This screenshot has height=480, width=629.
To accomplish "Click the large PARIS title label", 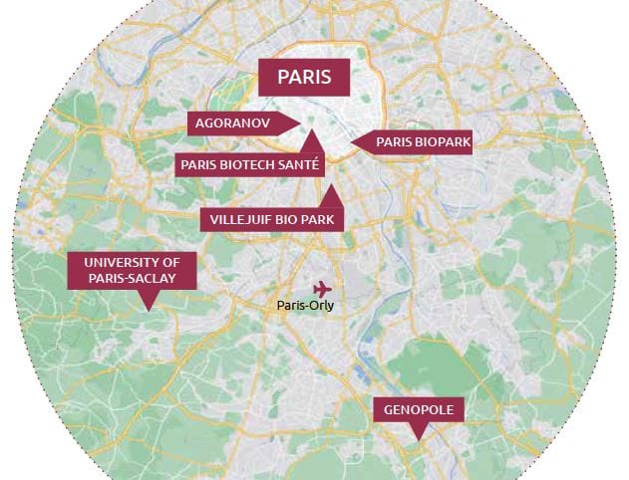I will point(303,77).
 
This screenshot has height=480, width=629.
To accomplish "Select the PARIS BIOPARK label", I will point(423,143).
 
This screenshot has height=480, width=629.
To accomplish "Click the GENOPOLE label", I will point(418,410).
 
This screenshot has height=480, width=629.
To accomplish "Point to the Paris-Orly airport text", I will point(306,306).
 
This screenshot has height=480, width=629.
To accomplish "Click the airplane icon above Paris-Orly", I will point(320,289).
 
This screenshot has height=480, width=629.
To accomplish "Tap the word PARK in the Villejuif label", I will point(318,219).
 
